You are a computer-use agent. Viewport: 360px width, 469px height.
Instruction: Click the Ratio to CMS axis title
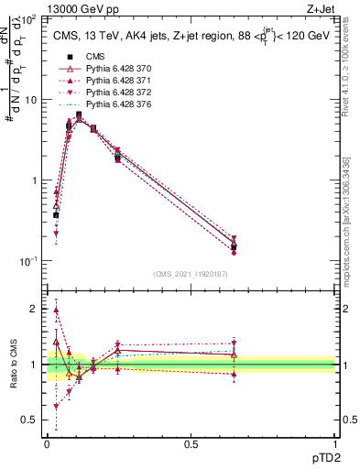point(13,364)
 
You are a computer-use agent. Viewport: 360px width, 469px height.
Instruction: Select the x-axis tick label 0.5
point(190,444)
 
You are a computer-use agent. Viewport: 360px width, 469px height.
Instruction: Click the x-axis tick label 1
point(333,444)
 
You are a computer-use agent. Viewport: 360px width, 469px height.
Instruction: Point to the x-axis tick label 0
point(47,444)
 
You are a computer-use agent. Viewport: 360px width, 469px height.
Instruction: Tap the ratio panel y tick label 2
point(35,309)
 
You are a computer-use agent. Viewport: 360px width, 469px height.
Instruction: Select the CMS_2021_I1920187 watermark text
point(191,273)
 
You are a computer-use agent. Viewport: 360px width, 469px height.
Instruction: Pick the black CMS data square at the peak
point(79,115)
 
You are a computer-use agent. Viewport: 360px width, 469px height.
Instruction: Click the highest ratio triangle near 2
point(57,311)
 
